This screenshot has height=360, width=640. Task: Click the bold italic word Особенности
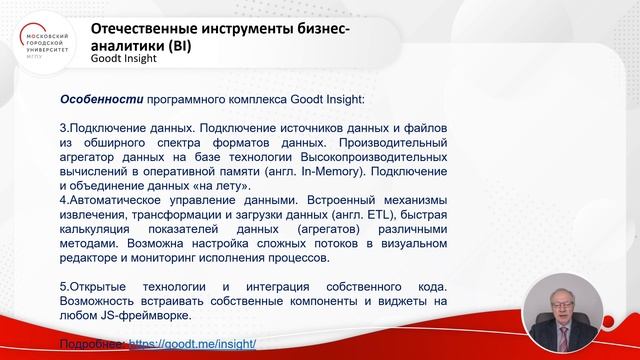tap(101, 100)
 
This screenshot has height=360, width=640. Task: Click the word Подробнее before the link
tap(93, 343)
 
